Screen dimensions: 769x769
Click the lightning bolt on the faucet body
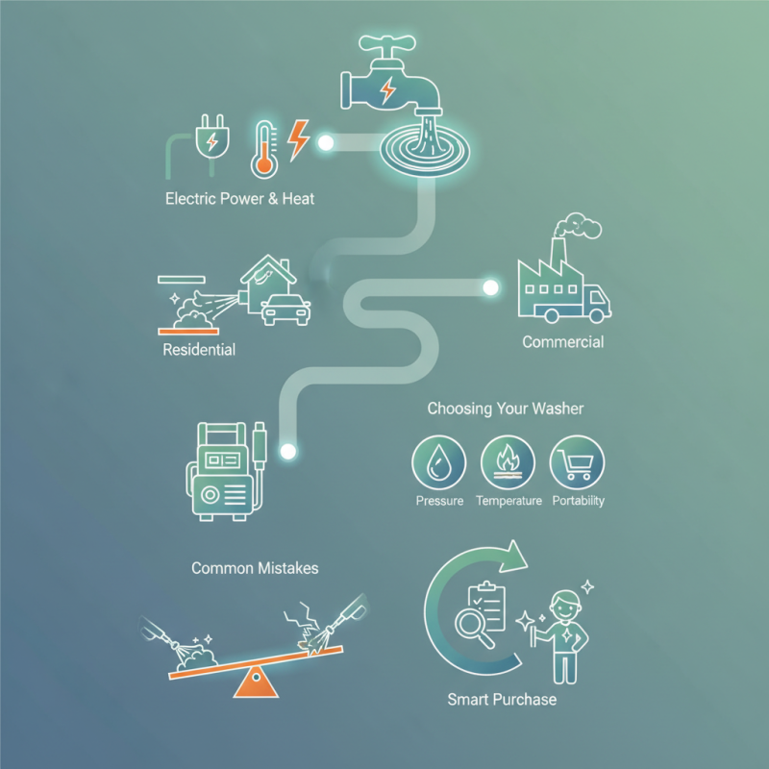pos(387,90)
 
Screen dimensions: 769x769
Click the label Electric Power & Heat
pos(239,200)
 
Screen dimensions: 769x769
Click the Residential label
pos(199,349)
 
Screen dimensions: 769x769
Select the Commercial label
pos(562,342)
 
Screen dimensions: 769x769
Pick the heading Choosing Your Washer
pos(505,409)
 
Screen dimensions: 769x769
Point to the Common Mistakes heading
pos(255,568)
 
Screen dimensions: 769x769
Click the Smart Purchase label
pos(502,699)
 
